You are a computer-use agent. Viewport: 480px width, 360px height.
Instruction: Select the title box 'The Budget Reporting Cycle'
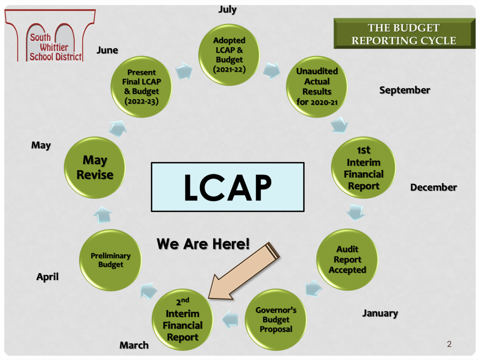point(403,34)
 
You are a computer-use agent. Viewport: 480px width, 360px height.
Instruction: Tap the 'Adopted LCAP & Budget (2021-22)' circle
point(229,54)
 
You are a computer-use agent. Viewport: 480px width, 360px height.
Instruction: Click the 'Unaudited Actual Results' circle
point(317,86)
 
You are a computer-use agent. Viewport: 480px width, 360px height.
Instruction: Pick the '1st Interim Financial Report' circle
point(363,168)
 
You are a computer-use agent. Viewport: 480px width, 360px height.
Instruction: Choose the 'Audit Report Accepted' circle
point(347,260)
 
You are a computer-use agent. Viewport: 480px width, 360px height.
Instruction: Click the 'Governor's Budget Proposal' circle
point(276,320)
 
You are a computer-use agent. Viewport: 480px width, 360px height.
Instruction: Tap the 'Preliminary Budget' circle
point(110,260)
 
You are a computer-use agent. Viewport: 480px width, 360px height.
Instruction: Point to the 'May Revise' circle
point(95,168)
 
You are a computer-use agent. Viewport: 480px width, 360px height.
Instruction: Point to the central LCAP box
point(227,186)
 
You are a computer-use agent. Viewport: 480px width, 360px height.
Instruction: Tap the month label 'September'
point(404,90)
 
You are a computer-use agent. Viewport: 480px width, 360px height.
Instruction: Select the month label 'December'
point(433,187)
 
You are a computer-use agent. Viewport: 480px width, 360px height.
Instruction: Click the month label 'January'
point(380,313)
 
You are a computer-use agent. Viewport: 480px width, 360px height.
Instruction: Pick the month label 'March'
point(134,345)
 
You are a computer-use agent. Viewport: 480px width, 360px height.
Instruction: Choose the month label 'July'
point(227,10)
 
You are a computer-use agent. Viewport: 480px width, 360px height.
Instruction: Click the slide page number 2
point(449,344)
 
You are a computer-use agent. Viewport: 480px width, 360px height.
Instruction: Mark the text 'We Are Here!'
point(203,244)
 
